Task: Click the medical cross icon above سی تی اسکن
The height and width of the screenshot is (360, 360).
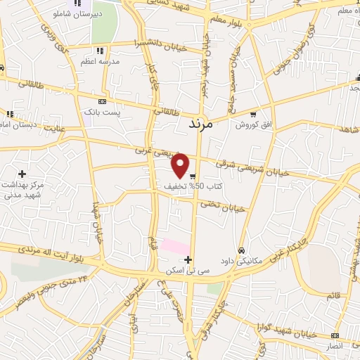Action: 188,259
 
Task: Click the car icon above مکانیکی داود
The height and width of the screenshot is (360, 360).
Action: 241,250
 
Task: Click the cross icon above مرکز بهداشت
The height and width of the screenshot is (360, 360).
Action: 22,173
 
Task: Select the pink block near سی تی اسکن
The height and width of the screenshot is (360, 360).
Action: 175,247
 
